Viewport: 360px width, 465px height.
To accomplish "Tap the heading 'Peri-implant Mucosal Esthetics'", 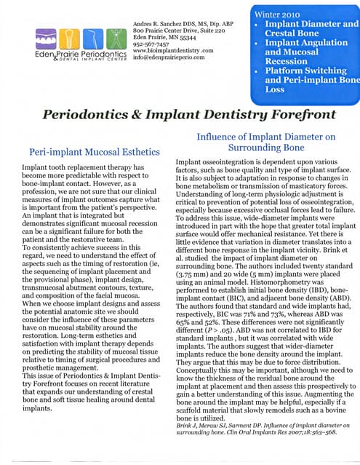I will pyautogui.click(x=88, y=153).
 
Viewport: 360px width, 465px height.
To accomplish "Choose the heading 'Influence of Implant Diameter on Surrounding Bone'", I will pyautogui.click(x=266, y=142).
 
